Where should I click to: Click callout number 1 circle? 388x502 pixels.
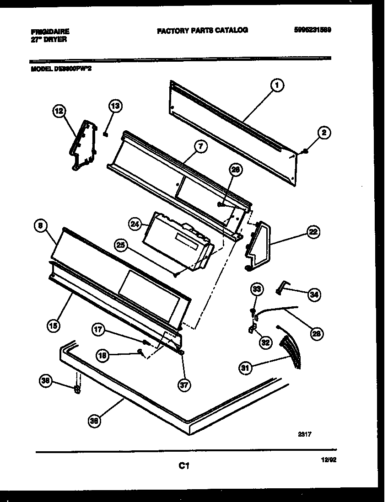tap(277, 85)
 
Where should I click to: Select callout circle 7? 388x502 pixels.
tap(200, 146)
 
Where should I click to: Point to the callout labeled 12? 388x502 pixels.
tap(59, 111)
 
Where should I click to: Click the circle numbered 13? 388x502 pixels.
tap(116, 107)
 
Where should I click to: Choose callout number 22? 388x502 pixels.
tap(313, 232)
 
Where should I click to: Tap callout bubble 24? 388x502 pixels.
tap(135, 224)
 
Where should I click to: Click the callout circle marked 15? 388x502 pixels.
tap(53, 326)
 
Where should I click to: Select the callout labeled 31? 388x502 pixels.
tap(246, 367)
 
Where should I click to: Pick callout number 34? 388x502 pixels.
tap(313, 295)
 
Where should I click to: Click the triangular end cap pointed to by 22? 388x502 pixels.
tap(258, 245)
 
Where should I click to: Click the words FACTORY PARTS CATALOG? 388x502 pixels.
tap(202, 30)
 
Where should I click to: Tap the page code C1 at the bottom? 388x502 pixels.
tap(183, 466)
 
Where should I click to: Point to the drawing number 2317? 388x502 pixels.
tap(305, 435)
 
